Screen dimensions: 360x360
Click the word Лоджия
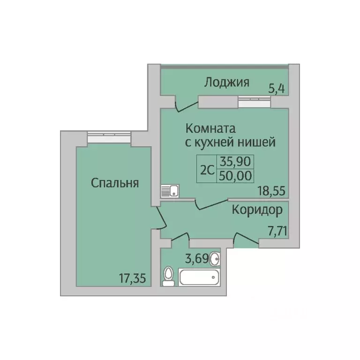pos(226,82)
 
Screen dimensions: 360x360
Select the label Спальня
pos(115,183)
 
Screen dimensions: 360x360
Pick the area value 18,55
pos(271,190)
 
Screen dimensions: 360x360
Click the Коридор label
pos(257,210)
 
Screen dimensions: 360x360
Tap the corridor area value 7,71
pos(273,230)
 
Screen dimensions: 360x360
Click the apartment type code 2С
pos(207,169)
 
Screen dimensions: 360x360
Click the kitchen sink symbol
pos(170,190)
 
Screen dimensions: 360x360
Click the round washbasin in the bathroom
pos(216,258)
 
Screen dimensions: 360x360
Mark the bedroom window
pos(108,136)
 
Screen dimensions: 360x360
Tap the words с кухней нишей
pos(229,142)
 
